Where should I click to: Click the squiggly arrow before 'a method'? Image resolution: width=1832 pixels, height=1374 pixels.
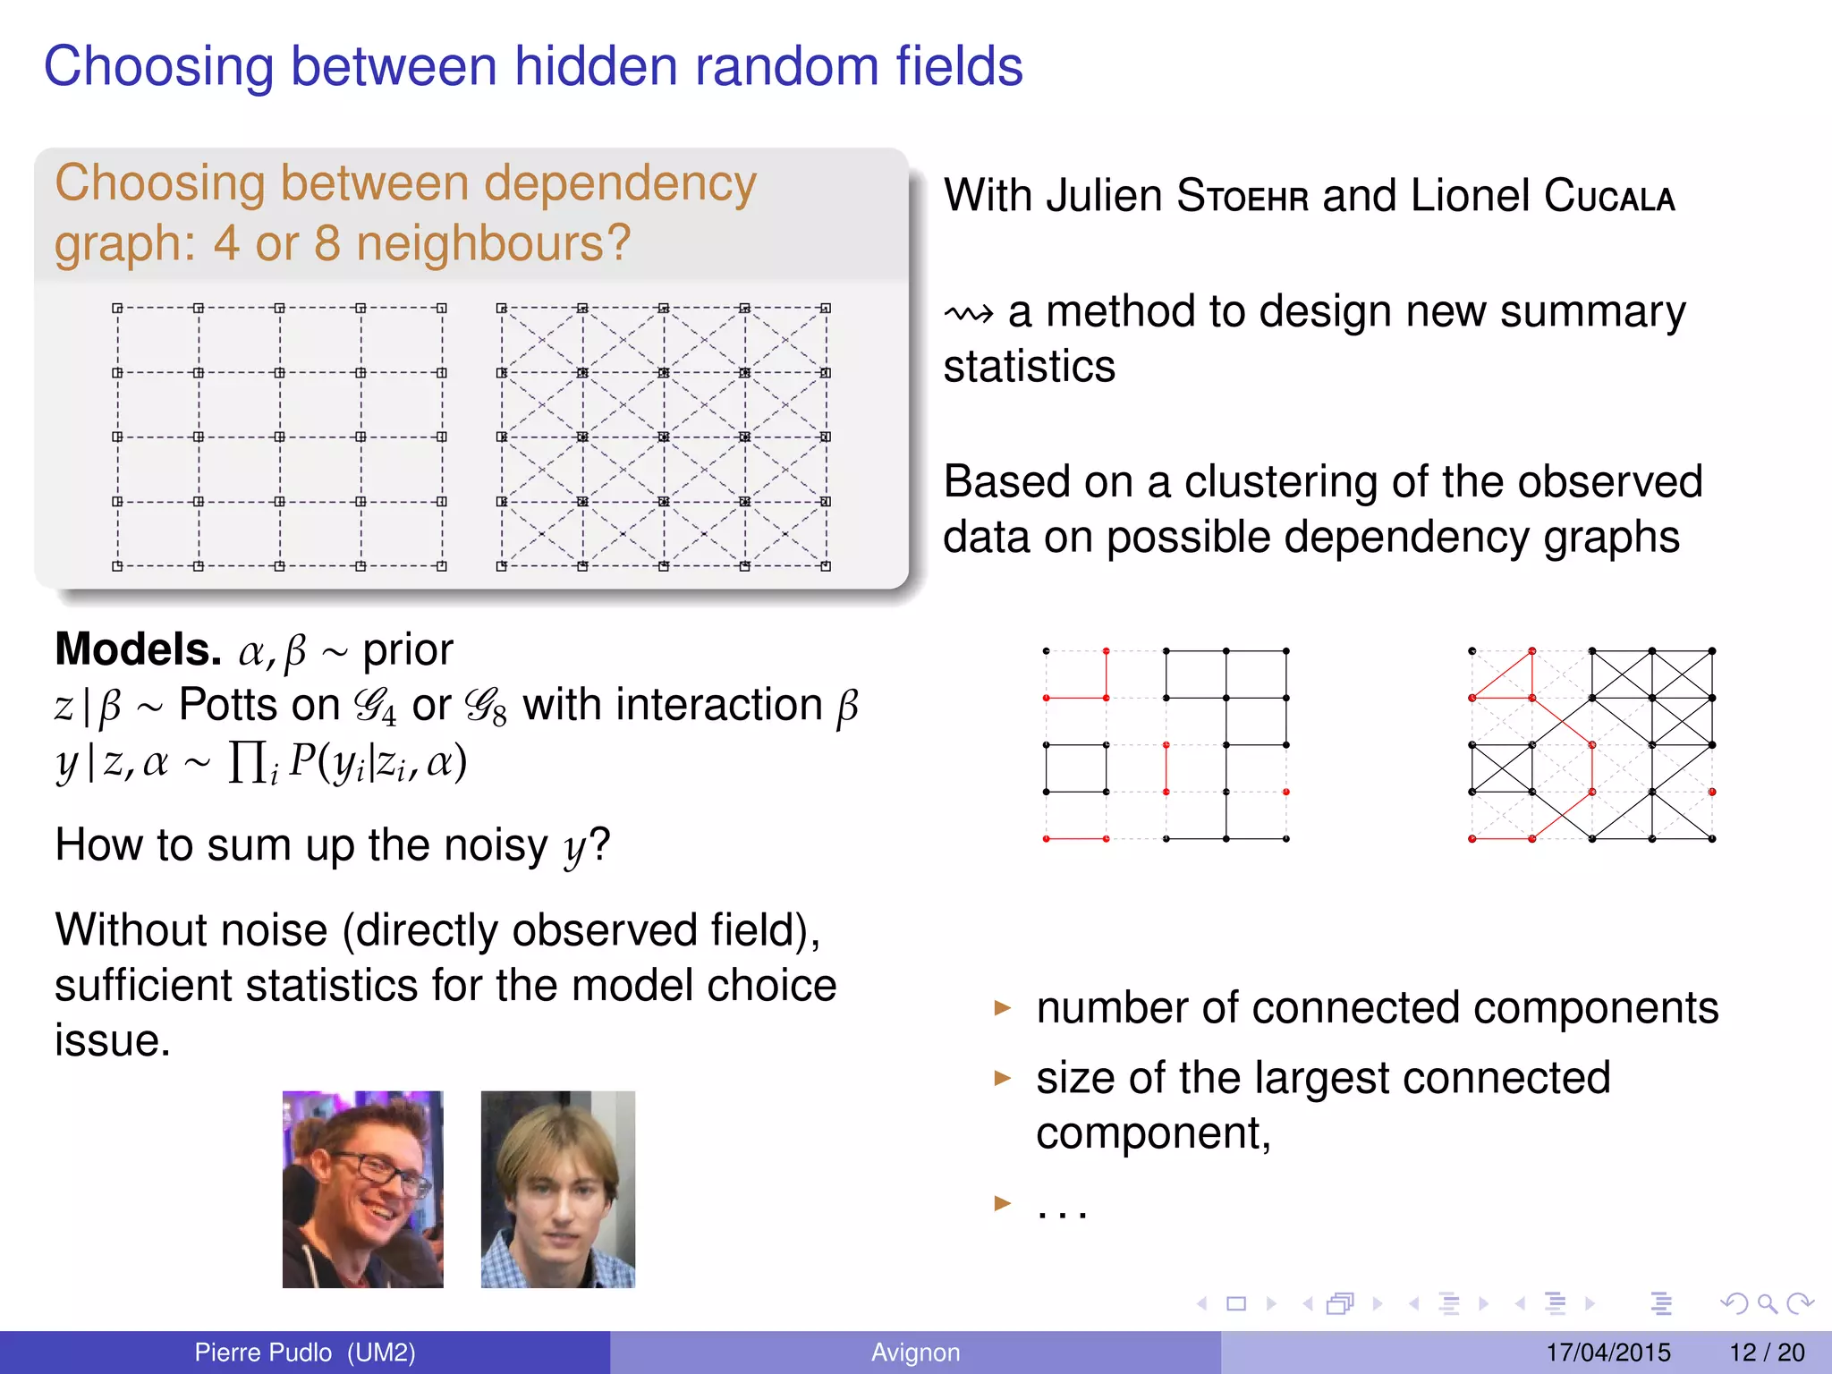click(969, 314)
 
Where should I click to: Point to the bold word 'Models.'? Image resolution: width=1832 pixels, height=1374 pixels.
click(138, 649)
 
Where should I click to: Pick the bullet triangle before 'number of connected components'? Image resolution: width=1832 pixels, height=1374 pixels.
click(1002, 1008)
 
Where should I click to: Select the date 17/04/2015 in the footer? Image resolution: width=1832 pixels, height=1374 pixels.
click(1607, 1353)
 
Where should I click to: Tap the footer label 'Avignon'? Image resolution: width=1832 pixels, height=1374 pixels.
click(915, 1353)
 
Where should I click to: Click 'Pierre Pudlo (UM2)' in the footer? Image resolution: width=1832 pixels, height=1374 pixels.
click(305, 1353)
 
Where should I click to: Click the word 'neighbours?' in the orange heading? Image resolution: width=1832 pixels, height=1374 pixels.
click(494, 243)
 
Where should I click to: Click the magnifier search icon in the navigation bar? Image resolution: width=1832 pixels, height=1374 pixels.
click(1767, 1303)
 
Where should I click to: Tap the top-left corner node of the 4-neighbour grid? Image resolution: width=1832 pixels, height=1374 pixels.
click(117, 308)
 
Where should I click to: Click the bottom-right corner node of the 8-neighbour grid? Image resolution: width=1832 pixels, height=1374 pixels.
click(826, 566)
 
